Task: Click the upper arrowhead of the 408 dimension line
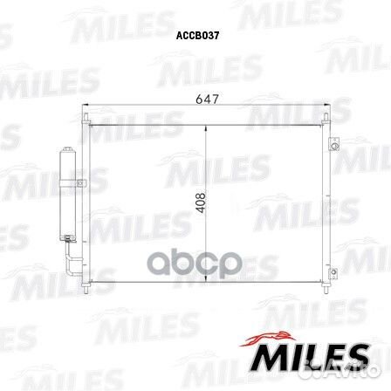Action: pyautogui.click(x=205, y=129)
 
